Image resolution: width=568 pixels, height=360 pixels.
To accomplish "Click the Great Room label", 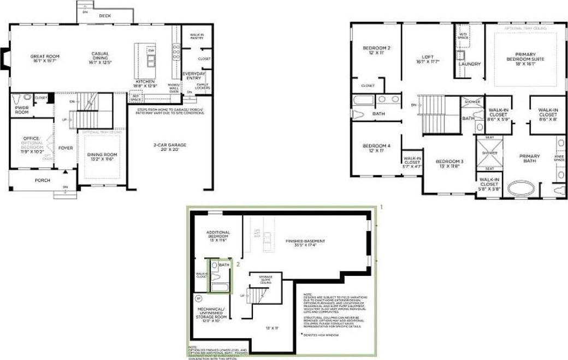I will tap(45, 56).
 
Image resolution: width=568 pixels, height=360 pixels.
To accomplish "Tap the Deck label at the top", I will tap(105, 16).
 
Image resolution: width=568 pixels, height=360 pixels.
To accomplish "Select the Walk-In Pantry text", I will tap(197, 37).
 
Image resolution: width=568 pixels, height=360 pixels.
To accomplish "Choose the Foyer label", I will tap(66, 147).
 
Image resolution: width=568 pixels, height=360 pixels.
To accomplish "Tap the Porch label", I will tap(43, 180).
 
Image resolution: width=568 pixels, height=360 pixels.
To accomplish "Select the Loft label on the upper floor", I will tap(428, 56).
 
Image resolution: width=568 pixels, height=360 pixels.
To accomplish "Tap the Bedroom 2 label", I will tap(376, 48).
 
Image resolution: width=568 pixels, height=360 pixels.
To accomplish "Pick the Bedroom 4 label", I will tap(376, 145).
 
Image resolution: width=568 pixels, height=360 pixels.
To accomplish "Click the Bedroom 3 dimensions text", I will tap(450, 167).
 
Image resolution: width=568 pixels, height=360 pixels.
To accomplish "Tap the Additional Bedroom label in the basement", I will tap(217, 234).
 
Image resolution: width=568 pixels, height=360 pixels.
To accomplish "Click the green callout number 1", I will tap(382, 208).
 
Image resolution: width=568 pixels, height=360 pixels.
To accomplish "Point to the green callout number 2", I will tap(238, 263).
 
